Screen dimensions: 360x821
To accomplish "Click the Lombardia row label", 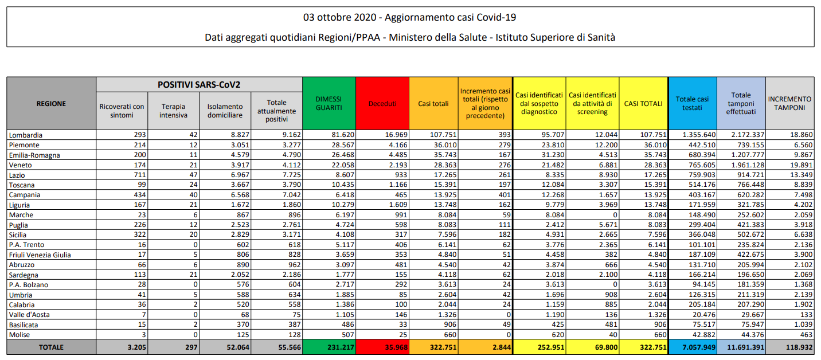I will tap(26, 135).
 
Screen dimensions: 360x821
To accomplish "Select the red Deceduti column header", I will tap(382, 104).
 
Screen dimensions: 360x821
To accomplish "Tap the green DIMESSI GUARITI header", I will tap(329, 104).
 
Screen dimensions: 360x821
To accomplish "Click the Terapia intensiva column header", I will tap(173, 111).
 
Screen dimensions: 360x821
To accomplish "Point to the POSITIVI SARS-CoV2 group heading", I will tap(199, 84).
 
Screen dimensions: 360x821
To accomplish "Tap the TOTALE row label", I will tap(51, 347).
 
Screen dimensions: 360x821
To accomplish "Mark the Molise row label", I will tap(20, 335).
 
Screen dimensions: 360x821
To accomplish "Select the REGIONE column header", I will tap(51, 104).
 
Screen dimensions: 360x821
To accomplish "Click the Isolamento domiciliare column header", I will tap(225, 111).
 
